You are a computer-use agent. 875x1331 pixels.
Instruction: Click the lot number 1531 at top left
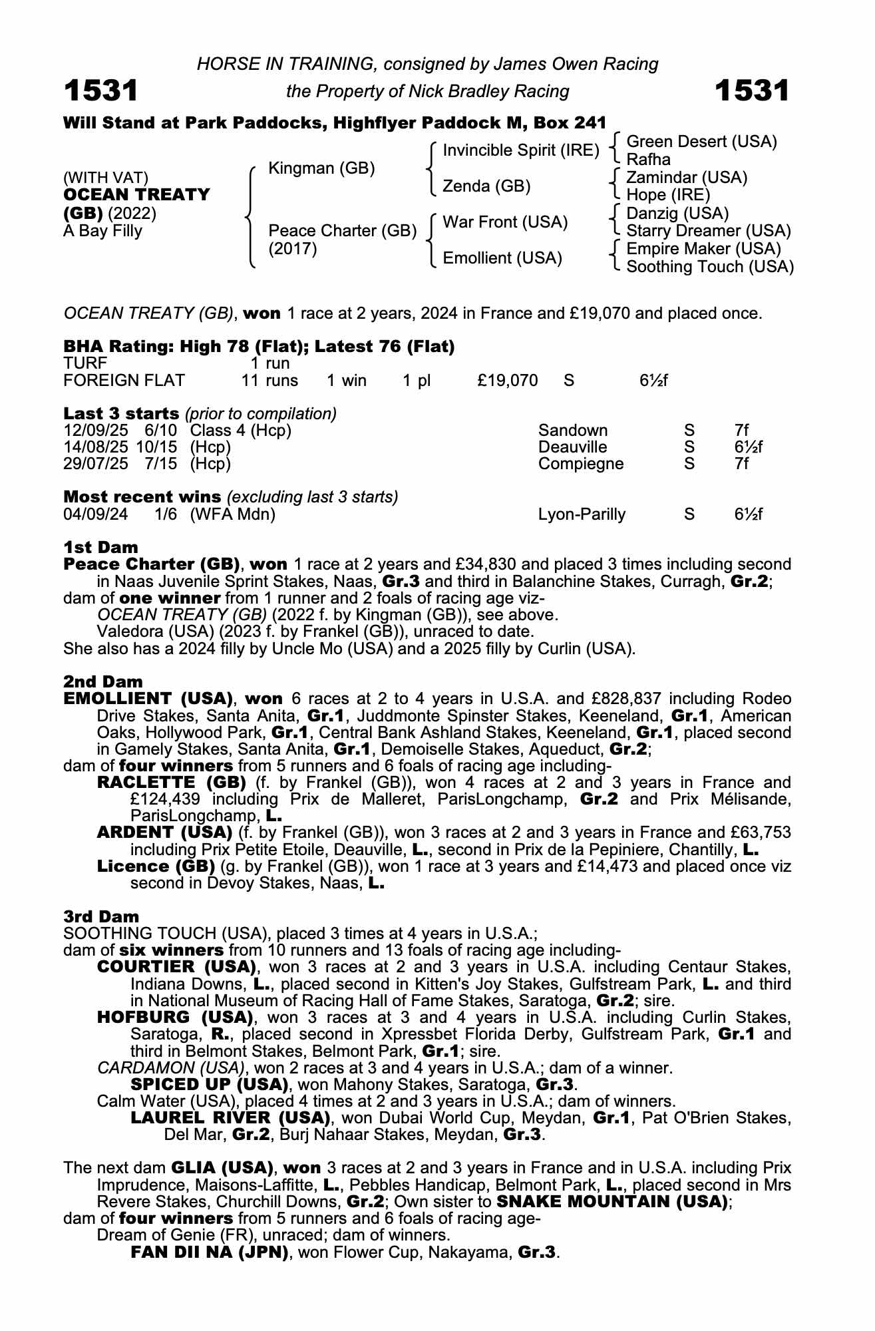click(x=100, y=91)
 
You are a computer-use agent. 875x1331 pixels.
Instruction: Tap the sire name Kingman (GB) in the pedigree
click(x=321, y=168)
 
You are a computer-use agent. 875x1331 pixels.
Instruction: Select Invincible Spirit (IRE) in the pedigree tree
click(x=521, y=151)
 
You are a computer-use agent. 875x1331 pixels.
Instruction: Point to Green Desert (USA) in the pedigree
click(x=702, y=142)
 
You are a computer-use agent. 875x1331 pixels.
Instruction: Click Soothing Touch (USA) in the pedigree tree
click(x=710, y=267)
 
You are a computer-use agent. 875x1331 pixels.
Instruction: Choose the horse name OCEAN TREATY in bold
click(x=136, y=195)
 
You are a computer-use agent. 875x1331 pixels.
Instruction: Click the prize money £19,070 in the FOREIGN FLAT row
click(x=508, y=381)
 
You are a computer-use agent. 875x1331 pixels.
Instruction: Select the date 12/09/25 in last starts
click(x=96, y=431)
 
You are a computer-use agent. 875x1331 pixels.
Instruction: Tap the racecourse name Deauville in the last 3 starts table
click(x=572, y=447)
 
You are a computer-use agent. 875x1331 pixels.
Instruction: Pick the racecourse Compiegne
click(x=581, y=464)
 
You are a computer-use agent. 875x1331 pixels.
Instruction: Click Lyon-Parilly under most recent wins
click(x=582, y=514)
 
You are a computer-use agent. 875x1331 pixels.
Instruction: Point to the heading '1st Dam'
click(x=100, y=547)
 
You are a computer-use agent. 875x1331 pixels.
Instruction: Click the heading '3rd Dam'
click(x=101, y=916)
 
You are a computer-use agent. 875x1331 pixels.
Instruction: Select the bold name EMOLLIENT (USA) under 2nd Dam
click(x=148, y=699)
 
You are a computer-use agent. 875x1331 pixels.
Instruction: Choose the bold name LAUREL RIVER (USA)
click(x=230, y=1118)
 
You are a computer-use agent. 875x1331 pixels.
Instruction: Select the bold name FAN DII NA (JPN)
click(x=210, y=1252)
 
